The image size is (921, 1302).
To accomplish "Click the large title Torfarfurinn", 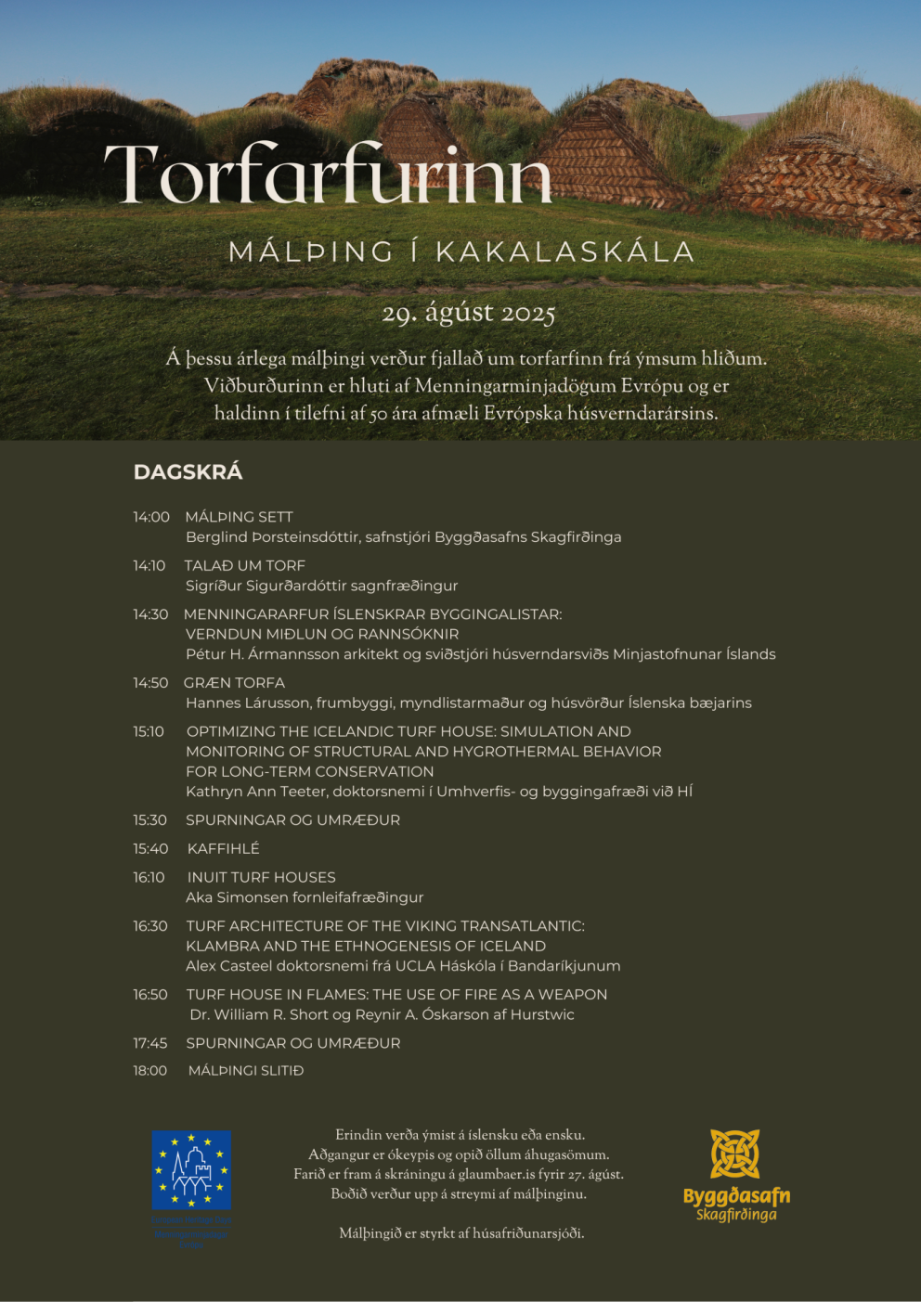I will point(328,174).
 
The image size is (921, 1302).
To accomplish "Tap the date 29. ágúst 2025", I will point(468,313).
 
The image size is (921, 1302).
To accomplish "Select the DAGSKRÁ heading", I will point(188,471).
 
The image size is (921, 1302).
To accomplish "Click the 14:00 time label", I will point(151,517).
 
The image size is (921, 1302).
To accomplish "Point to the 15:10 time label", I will point(149,731).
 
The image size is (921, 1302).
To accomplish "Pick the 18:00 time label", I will point(150,1070).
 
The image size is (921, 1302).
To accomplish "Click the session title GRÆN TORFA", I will point(234,682).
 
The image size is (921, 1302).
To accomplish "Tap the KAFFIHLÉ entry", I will point(223,848).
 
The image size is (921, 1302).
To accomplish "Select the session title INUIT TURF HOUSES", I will point(261,877).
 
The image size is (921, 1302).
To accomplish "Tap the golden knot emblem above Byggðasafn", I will point(735,1154).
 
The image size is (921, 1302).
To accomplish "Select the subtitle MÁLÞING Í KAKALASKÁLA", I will point(461,251).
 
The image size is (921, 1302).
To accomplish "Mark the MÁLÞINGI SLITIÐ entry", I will point(246,1070).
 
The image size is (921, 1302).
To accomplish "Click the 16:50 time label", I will point(150,994).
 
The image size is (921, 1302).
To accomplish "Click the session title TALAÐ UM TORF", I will point(244,565).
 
